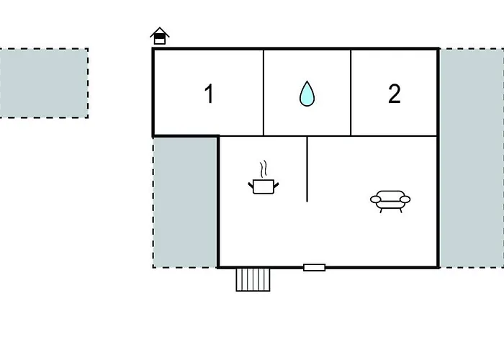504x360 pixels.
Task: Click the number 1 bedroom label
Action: click(x=210, y=94)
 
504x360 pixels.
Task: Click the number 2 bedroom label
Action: click(x=395, y=94)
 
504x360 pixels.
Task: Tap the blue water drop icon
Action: click(x=307, y=94)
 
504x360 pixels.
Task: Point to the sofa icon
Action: click(x=390, y=202)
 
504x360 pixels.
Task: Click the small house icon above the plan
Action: click(x=160, y=36)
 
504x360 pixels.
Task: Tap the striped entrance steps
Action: click(x=253, y=279)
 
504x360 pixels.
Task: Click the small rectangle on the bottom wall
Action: click(x=315, y=267)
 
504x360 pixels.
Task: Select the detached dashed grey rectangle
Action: click(x=44, y=84)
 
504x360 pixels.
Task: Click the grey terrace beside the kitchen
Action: click(x=185, y=202)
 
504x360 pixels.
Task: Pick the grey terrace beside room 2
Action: click(x=472, y=158)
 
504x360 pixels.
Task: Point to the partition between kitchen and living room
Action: click(x=307, y=169)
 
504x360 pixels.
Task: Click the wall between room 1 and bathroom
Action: click(x=264, y=93)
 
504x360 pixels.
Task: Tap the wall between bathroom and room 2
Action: click(x=351, y=93)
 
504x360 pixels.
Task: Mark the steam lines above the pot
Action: click(x=264, y=168)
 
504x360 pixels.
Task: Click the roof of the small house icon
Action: click(x=160, y=32)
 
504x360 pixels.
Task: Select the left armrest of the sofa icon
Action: click(x=376, y=199)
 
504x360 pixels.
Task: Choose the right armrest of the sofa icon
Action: click(x=405, y=199)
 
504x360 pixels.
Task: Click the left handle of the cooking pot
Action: click(x=251, y=185)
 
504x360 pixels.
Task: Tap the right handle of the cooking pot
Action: click(x=276, y=185)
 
